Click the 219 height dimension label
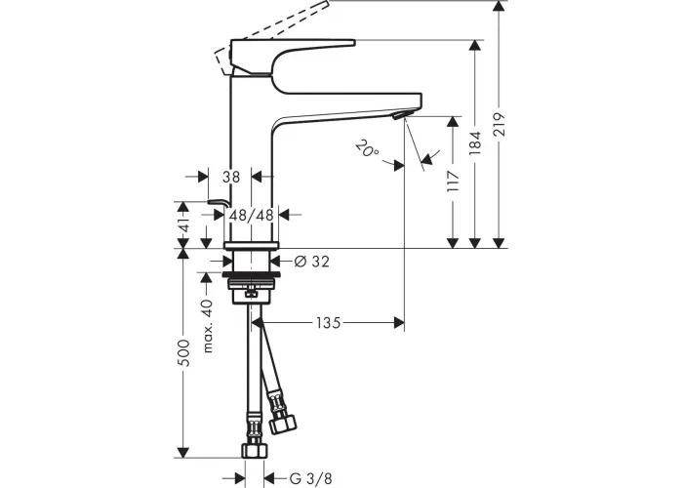pos(500,124)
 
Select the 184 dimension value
pos(475,142)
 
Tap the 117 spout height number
pos(453,182)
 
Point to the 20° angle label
pos(367,148)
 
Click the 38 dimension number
pos(231,177)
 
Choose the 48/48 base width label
pos(252,215)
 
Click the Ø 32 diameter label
pos(312,262)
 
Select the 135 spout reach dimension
pos(329,323)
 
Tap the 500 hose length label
pos(184,353)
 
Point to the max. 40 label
pos(208,325)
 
